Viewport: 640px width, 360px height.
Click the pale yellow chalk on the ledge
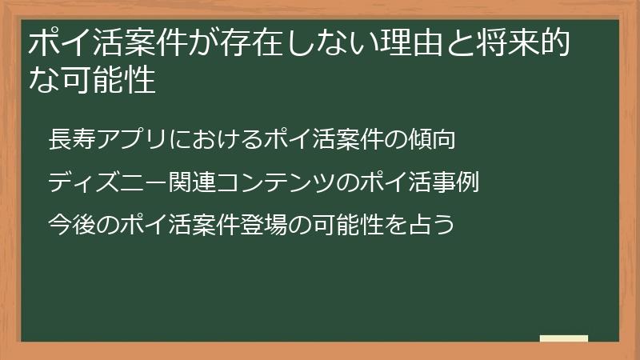click(564, 338)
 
